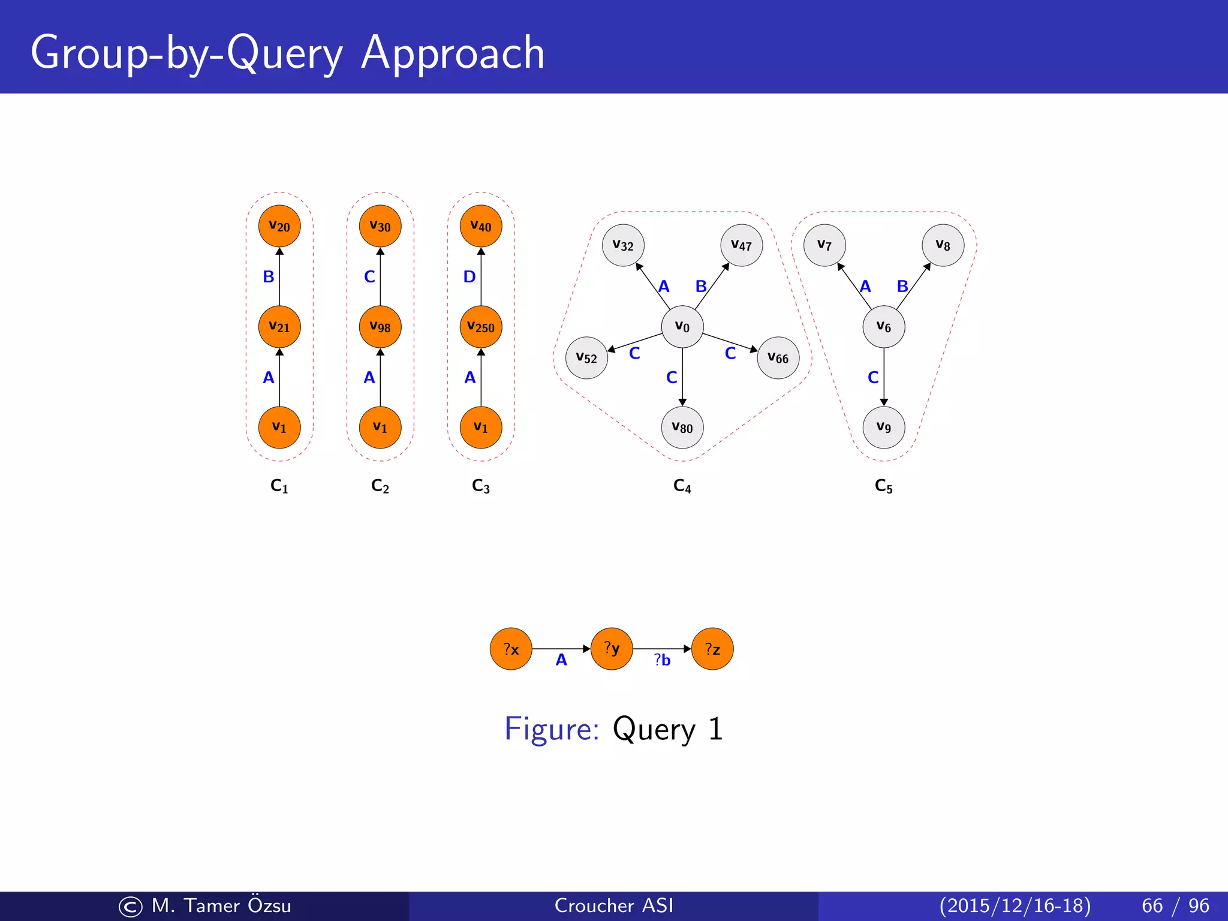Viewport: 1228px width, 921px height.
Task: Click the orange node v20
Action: [x=279, y=226]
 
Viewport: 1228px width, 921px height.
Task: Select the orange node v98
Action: [x=380, y=327]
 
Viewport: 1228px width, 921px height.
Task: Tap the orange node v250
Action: [x=481, y=327]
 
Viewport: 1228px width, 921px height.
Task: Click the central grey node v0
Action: [x=682, y=327]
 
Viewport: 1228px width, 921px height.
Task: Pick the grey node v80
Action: [x=682, y=428]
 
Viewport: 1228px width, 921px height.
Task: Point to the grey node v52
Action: [x=586, y=358]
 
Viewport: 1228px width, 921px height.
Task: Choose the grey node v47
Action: [x=742, y=245]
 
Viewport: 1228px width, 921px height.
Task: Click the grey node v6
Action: [x=884, y=327]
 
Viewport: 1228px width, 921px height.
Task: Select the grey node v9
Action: [x=884, y=428]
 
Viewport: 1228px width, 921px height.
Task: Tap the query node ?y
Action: [x=612, y=649]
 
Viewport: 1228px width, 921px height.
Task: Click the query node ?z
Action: [x=712, y=649]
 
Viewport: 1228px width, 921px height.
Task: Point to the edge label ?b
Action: [x=662, y=660]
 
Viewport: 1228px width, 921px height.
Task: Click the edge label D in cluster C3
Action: [x=469, y=277]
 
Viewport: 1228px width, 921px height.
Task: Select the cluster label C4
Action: [x=682, y=486]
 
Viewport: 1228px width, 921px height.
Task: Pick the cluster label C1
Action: [x=279, y=486]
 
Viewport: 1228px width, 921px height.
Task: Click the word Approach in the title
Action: [x=453, y=54]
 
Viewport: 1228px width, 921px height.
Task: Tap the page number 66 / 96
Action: [x=1175, y=905]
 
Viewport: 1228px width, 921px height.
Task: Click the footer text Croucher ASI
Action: [x=614, y=905]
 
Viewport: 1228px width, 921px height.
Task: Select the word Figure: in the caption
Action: [x=552, y=729]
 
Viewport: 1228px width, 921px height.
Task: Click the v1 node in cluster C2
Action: [x=380, y=428]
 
